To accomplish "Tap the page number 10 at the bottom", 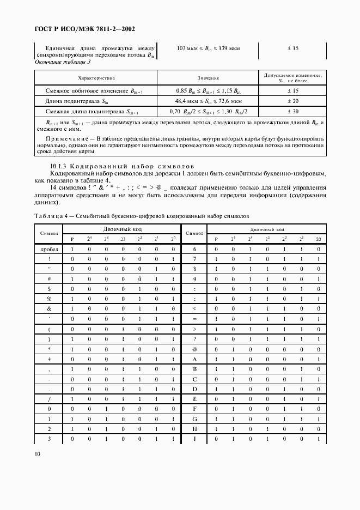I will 37,453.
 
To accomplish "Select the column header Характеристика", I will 96,78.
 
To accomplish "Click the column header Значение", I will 208,78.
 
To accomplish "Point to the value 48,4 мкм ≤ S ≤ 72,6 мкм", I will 208,101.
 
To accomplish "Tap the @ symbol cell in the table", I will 194,349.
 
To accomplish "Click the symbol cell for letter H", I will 194,429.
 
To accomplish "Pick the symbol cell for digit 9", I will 194,278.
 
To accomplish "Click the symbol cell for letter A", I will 194,359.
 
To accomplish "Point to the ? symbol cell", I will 194,338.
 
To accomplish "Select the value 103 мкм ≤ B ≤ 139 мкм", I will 208,48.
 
